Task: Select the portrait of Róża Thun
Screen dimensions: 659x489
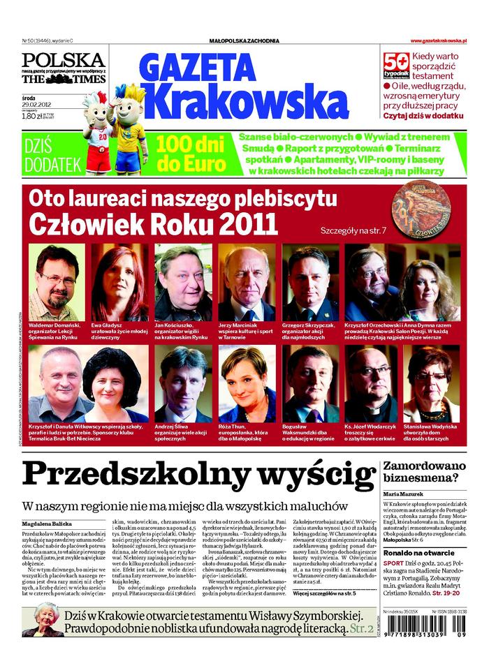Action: [247, 383]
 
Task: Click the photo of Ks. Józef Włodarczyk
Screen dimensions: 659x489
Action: [374, 383]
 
